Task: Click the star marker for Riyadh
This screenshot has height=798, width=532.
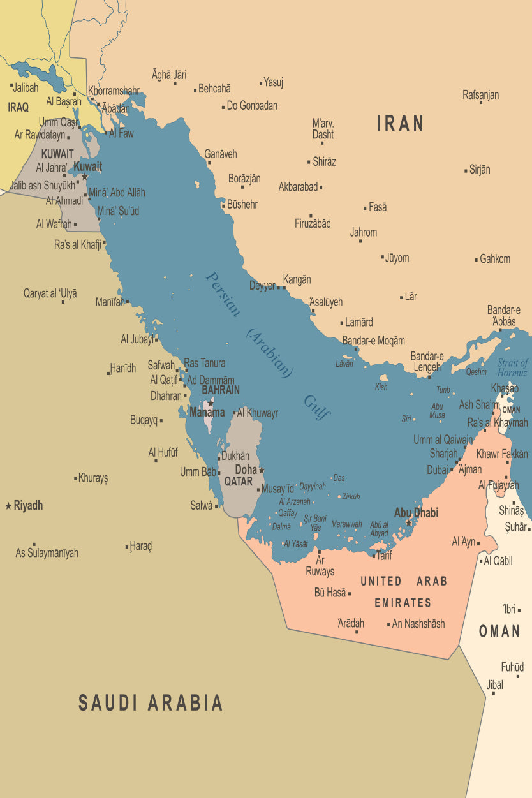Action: pos(8,506)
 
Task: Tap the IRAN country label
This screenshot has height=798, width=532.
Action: pos(401,124)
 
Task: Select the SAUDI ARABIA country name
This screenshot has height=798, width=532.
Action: pos(151,703)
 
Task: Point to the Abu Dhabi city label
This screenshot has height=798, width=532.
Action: pos(416,512)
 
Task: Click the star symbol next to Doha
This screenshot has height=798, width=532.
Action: pos(262,470)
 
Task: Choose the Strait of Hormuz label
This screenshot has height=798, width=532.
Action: pos(513,367)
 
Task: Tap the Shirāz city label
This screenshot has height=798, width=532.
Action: pos(324,162)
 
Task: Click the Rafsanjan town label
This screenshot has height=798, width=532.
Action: pos(480,95)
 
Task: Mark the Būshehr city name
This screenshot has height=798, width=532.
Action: pos(242,205)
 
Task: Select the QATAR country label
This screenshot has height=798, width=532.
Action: pos(239,482)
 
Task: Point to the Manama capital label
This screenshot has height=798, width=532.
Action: pos(207,412)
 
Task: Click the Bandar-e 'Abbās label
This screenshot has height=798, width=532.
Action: pos(503,316)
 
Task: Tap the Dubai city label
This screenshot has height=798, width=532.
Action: pos(438,469)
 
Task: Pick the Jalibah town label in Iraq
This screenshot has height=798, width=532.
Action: pos(26,87)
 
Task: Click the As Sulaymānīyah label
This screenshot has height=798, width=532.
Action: pos(47,553)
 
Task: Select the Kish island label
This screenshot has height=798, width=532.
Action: pos(381,387)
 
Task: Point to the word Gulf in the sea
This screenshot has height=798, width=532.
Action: pos(316,407)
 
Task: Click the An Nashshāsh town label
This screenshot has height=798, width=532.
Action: pos(418,624)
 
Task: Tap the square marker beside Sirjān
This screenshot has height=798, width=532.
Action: pos(466,170)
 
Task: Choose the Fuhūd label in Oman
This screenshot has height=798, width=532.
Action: pos(512,667)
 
